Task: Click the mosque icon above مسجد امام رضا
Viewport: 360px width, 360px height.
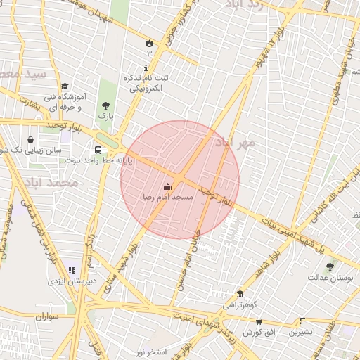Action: click(167, 186)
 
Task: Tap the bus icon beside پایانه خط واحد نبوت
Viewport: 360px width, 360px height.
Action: click(98, 150)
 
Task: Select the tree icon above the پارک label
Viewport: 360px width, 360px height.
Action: click(105, 105)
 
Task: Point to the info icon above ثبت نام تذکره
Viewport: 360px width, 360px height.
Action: click(146, 68)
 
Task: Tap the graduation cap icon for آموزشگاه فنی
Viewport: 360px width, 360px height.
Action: click(64, 86)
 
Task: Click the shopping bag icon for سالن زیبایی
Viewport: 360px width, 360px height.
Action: click(30, 139)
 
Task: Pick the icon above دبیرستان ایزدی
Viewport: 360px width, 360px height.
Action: click(72, 269)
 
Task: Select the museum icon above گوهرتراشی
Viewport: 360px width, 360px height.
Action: click(241, 294)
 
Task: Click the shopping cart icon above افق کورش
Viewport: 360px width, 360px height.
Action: click(259, 321)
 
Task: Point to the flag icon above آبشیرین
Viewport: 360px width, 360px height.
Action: click(302, 321)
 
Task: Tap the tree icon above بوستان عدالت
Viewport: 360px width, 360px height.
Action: click(330, 266)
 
